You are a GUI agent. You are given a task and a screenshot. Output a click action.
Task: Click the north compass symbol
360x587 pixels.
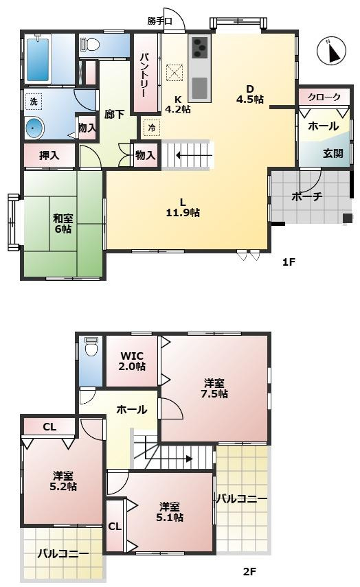click(x=332, y=51)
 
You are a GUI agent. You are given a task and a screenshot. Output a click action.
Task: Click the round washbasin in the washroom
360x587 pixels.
click(x=34, y=127)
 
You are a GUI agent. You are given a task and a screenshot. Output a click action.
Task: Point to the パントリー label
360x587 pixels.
click(x=146, y=71)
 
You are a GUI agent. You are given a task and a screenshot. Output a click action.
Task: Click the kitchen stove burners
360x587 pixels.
click(x=199, y=47)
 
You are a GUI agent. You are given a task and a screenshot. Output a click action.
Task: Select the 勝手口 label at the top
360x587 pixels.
click(x=159, y=20)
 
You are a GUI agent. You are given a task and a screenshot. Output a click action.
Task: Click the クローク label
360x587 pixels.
click(x=324, y=97)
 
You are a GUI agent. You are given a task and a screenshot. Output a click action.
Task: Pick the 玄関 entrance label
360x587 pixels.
click(x=333, y=153)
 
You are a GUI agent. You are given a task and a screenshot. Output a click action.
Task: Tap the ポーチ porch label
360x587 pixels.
click(x=307, y=196)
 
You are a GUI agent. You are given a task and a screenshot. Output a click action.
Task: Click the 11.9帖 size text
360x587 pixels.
click(x=183, y=213)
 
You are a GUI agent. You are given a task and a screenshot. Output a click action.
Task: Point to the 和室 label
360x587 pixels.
click(x=63, y=219)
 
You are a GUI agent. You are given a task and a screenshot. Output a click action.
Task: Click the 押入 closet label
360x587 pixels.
click(x=49, y=156)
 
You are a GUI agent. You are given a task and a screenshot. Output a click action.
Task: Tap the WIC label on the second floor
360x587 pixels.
click(x=131, y=356)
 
